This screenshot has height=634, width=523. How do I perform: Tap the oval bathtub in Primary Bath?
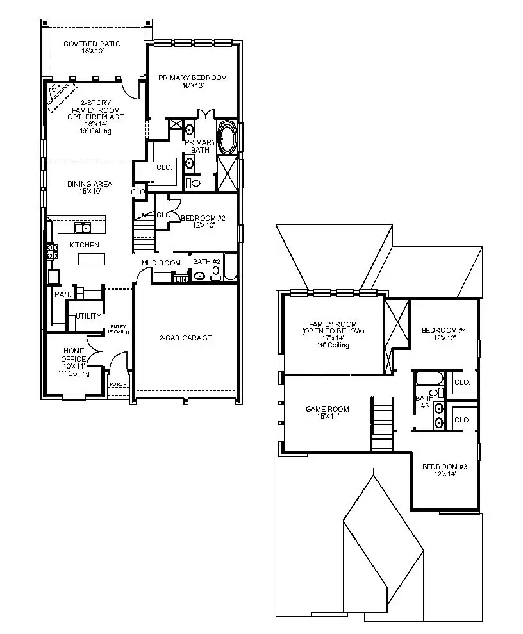click(x=227, y=137)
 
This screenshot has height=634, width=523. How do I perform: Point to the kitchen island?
click(x=91, y=258)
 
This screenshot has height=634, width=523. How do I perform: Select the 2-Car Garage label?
click(x=185, y=338)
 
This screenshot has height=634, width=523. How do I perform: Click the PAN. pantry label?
click(x=62, y=294)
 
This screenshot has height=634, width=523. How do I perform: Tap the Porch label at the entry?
click(x=119, y=385)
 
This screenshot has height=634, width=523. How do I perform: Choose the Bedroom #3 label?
click(x=444, y=470)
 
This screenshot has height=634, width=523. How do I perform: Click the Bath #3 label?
click(x=424, y=401)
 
